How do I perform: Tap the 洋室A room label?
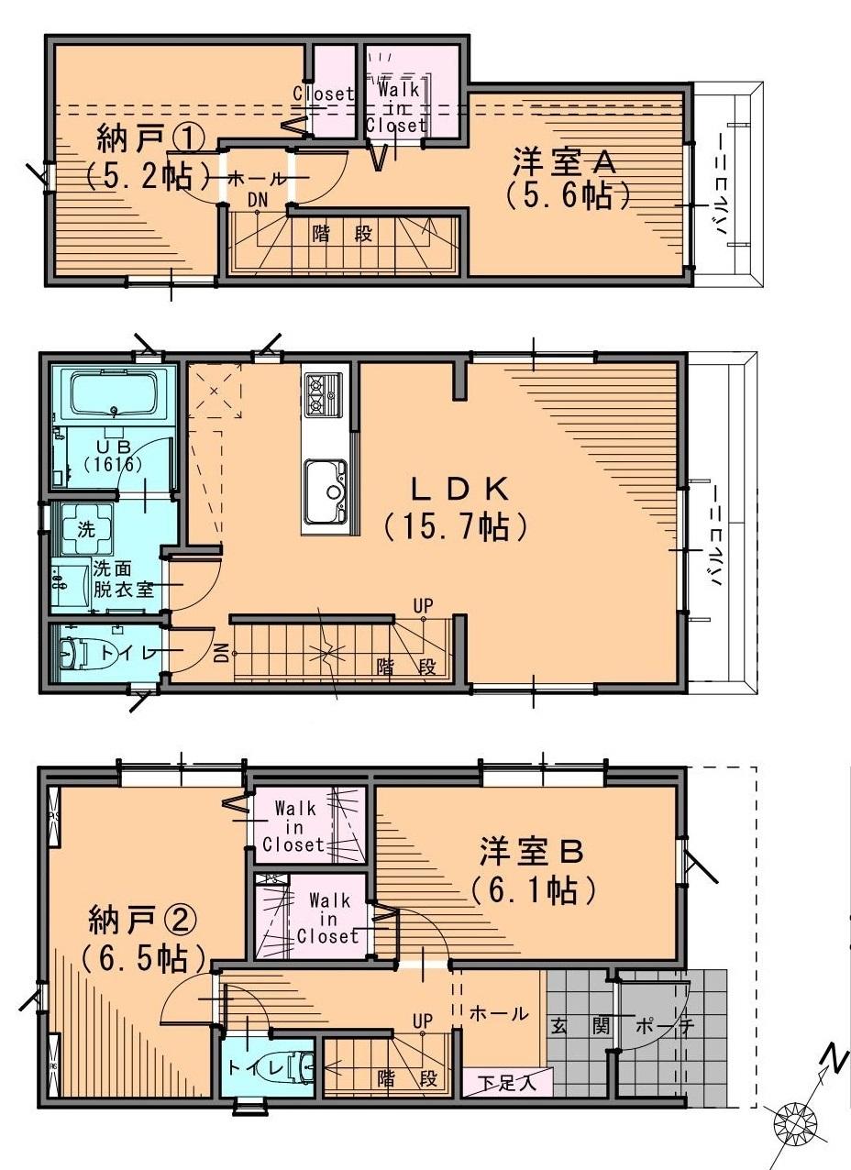pyautogui.click(x=563, y=162)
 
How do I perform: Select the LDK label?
pyautogui.click(x=455, y=488)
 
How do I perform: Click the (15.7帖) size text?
pyautogui.click(x=455, y=525)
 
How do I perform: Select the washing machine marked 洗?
pyautogui.click(x=86, y=528)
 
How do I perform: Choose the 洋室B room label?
pyautogui.click(x=531, y=852)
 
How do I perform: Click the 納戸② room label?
pyautogui.click(x=142, y=919)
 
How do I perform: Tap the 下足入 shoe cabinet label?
pyautogui.click(x=507, y=1082)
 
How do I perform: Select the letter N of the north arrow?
pyautogui.click(x=834, y=1057)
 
